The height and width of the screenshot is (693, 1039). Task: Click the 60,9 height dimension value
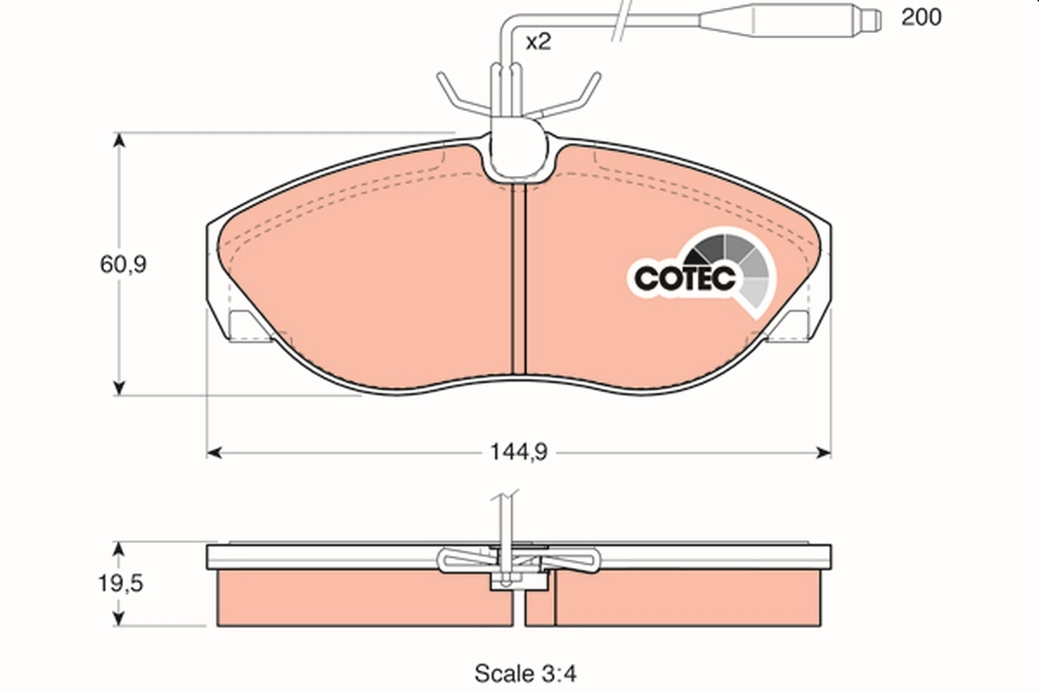[x=122, y=264]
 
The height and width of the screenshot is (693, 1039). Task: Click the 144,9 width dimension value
[x=520, y=452]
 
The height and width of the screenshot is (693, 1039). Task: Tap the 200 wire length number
[x=921, y=16]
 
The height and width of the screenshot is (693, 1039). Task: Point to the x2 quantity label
[x=538, y=42]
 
